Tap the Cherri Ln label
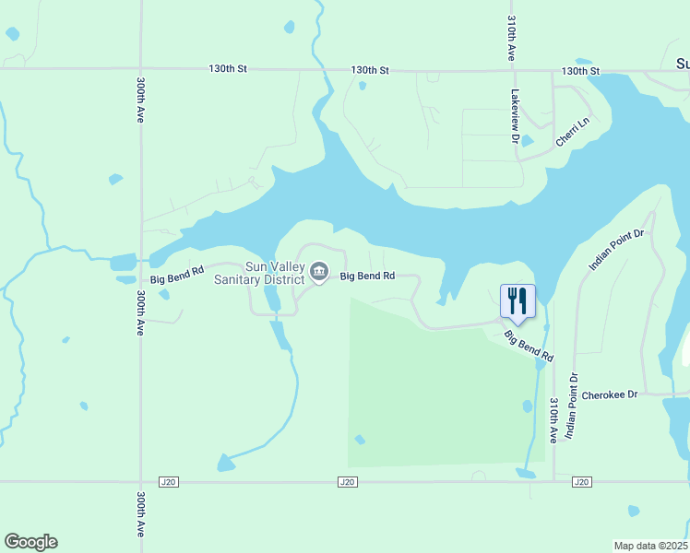click(x=572, y=131)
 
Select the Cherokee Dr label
click(x=610, y=394)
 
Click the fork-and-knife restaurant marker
click(x=517, y=300)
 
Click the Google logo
click(x=30, y=542)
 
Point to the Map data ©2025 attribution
click(x=651, y=546)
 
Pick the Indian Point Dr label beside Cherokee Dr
click(x=572, y=405)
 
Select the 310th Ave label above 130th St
click(x=511, y=38)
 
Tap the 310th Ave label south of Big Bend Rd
click(x=553, y=420)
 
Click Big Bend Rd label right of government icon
click(x=368, y=276)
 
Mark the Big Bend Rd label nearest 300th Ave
click(x=175, y=277)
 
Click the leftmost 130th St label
click(x=228, y=69)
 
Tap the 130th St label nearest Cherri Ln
click(x=581, y=71)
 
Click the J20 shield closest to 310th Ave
click(x=581, y=481)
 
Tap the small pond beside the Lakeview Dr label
click(x=527, y=141)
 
